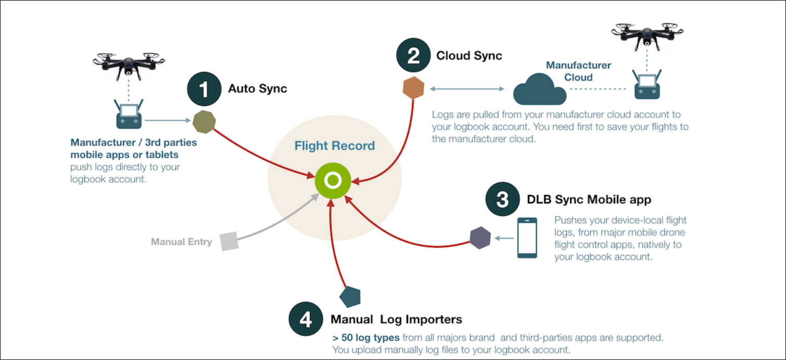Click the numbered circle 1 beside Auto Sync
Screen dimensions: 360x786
[204, 89]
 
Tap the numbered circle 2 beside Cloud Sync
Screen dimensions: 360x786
[413, 56]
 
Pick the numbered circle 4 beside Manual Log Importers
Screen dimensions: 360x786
[306, 319]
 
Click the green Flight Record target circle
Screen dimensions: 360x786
[332, 181]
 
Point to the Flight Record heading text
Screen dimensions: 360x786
[334, 146]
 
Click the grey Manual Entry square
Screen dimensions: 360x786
[229, 241]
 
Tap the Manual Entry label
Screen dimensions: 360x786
[181, 242]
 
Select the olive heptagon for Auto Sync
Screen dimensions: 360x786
[204, 122]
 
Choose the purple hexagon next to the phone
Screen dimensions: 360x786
[480, 238]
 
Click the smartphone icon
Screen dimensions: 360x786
[527, 238]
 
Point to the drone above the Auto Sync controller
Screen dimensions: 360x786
[129, 65]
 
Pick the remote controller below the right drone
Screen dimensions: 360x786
[647, 85]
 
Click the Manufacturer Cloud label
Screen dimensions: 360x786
[578, 71]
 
